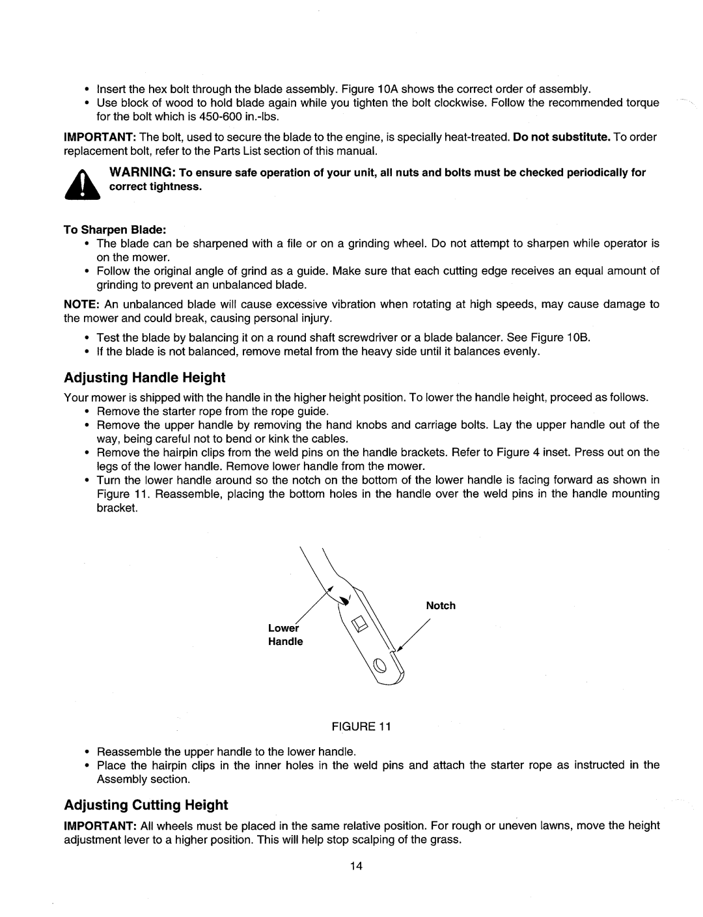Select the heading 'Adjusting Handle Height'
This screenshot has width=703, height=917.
click(x=145, y=377)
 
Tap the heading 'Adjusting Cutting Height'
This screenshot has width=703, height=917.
click(x=146, y=805)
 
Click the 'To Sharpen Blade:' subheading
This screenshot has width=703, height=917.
click(x=115, y=229)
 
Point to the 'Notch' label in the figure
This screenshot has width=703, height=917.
click(x=441, y=605)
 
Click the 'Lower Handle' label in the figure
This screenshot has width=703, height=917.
click(x=286, y=635)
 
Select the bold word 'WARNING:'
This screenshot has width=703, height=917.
click(x=136, y=172)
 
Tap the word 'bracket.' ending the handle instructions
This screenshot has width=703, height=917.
click(x=117, y=508)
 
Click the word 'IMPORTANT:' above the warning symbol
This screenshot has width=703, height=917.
click(x=94, y=137)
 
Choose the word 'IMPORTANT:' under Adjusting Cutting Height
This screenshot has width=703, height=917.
click(x=94, y=825)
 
